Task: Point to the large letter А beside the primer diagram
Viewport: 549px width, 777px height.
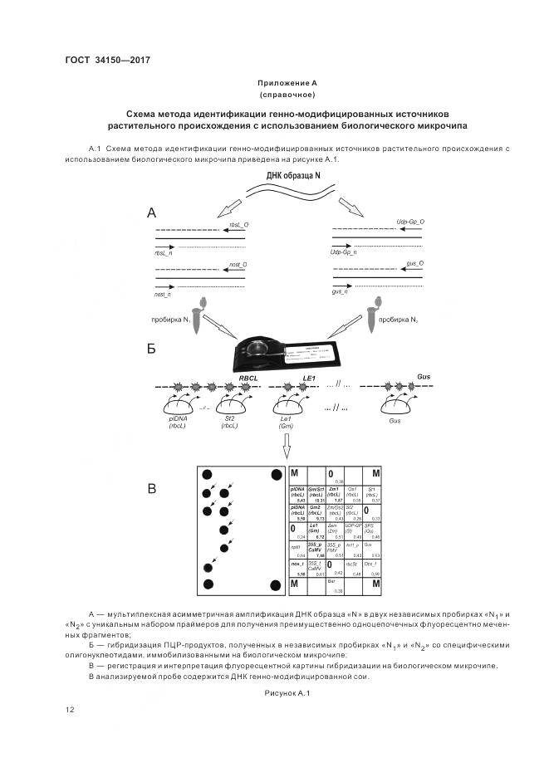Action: click(152, 213)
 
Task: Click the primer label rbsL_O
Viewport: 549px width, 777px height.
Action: click(238, 224)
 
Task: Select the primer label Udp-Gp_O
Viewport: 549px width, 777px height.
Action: click(410, 222)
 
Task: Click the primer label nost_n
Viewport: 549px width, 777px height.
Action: click(163, 294)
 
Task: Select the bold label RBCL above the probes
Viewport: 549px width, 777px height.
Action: click(249, 377)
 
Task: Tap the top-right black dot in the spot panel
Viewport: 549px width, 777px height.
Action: click(276, 475)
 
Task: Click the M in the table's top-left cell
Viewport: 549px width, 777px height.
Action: click(295, 473)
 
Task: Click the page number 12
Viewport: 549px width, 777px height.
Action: click(69, 709)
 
